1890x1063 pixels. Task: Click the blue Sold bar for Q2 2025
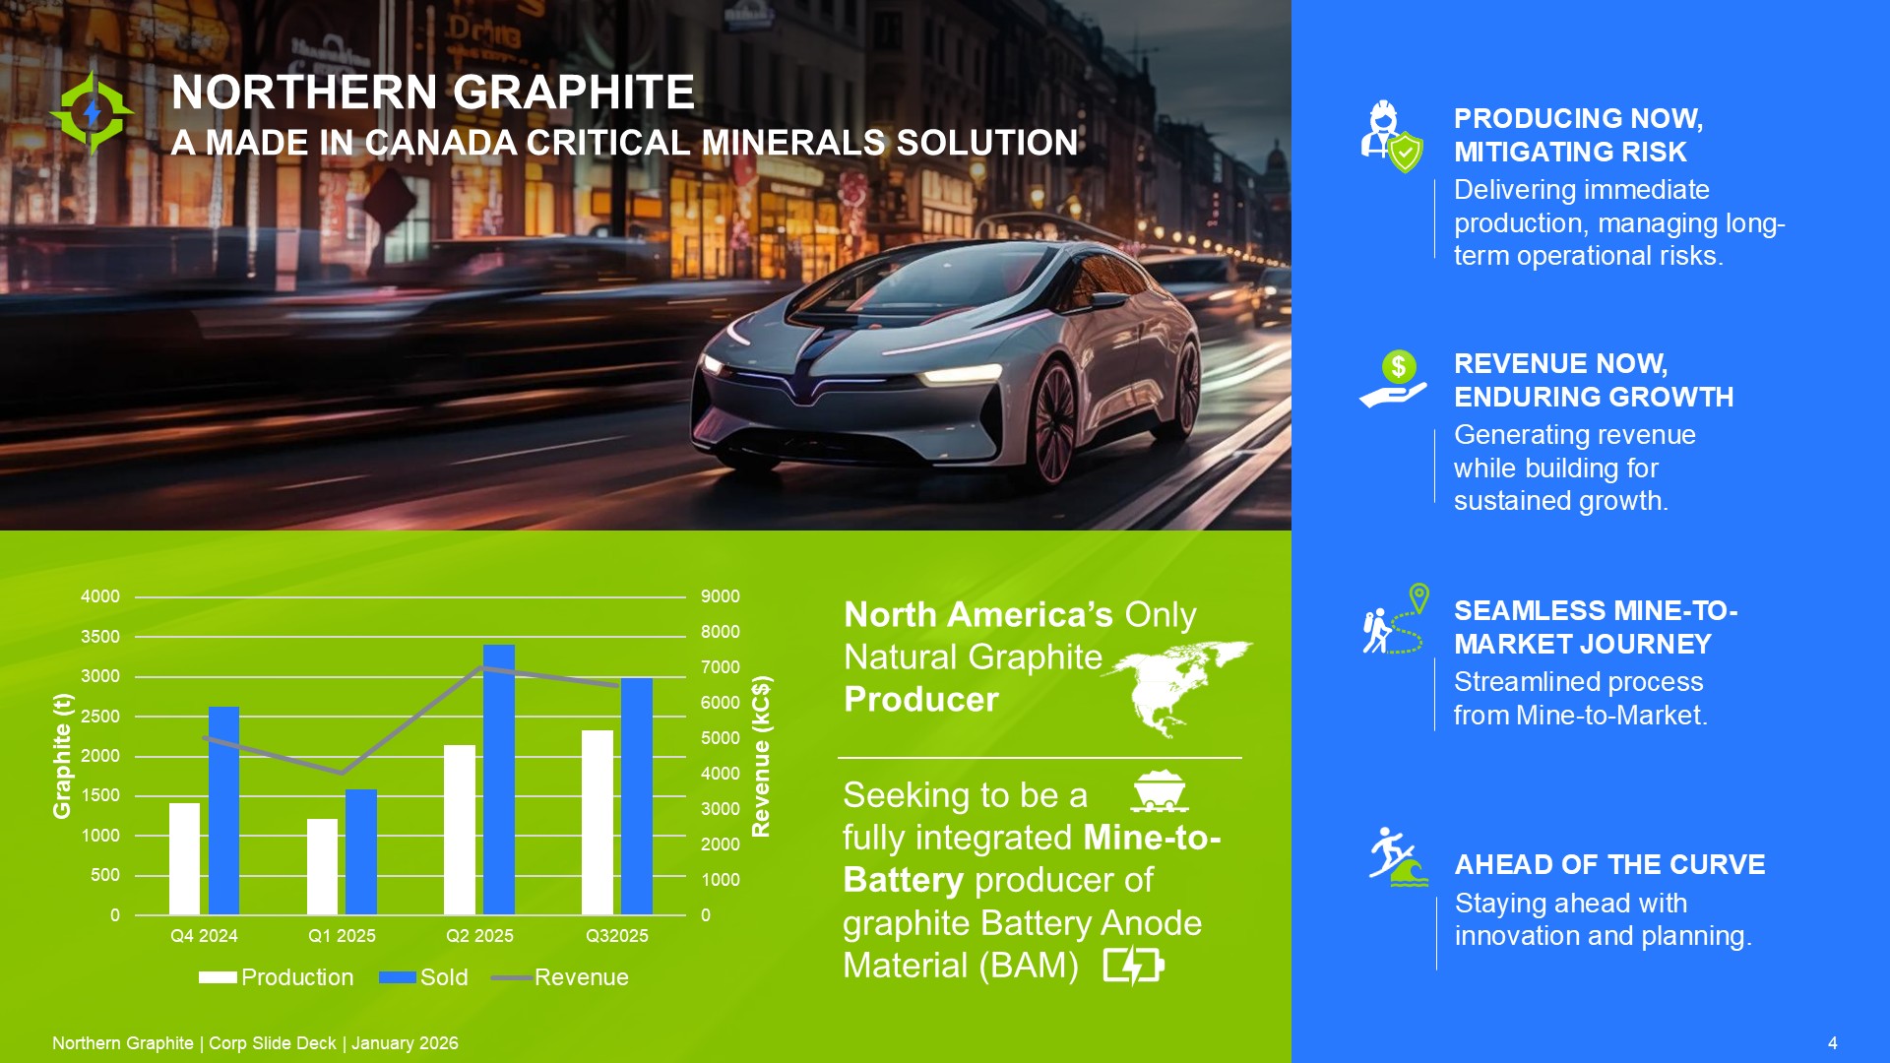pyautogui.click(x=498, y=780)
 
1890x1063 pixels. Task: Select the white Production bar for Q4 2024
pyautogui.click(x=184, y=859)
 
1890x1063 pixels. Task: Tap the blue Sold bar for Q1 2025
pyautogui.click(x=360, y=852)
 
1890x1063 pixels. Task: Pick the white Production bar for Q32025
pyautogui.click(x=598, y=823)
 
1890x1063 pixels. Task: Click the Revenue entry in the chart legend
pyautogui.click(x=560, y=977)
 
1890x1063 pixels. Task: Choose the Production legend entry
pyautogui.click(x=276, y=977)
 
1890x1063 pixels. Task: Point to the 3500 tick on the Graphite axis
pyautogui.click(x=100, y=637)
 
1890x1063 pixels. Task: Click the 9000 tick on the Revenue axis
pyautogui.click(x=721, y=596)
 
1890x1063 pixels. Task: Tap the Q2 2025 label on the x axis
pyautogui.click(x=479, y=936)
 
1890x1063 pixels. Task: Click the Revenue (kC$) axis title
pyautogui.click(x=761, y=756)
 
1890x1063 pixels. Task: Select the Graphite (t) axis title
pyautogui.click(x=62, y=756)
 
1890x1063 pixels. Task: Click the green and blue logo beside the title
pyautogui.click(x=92, y=113)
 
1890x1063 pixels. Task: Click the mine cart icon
pyautogui.click(x=1159, y=791)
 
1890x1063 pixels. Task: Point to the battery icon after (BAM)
pyautogui.click(x=1134, y=966)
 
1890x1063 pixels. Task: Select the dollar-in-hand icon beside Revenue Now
pyautogui.click(x=1393, y=379)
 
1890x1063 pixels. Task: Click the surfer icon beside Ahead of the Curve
pyautogui.click(x=1398, y=856)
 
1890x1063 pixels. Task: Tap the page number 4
pyautogui.click(x=1832, y=1043)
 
